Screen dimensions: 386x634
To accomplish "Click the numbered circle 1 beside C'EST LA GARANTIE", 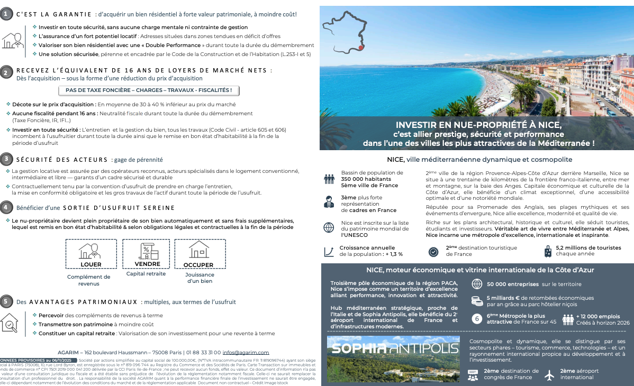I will click(5, 14).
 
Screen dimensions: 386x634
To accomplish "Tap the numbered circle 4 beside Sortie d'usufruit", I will click(5, 207).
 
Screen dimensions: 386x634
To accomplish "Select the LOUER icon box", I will click(91, 254).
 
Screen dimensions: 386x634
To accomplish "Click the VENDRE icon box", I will click(148, 254).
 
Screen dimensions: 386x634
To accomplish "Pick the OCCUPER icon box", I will click(199, 254).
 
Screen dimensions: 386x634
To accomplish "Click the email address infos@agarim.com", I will click(246, 352).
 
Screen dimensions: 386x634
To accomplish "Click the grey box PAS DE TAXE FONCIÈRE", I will click(152, 90).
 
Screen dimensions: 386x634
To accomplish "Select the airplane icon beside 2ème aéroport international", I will click(549, 374).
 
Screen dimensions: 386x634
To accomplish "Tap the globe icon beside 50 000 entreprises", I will click(476, 284).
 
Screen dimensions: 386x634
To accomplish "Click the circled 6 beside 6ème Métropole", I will click(476, 319).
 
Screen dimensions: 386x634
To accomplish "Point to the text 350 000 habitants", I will click(366, 179).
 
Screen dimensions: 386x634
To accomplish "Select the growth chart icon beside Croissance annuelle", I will click(329, 251).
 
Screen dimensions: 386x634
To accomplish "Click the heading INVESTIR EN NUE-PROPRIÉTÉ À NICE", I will click(479, 125).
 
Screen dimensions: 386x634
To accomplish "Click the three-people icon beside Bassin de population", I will click(329, 179).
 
